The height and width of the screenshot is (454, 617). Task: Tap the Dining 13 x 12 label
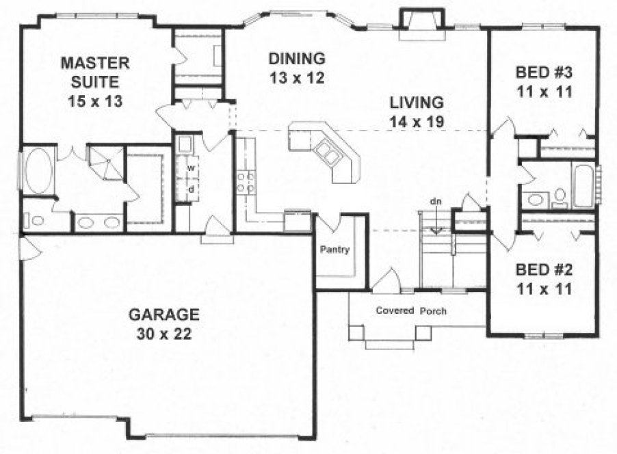click(x=296, y=68)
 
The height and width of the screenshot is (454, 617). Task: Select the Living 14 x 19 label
click(x=417, y=112)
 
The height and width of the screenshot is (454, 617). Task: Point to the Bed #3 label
click(x=544, y=80)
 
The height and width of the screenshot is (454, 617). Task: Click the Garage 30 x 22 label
click(x=163, y=324)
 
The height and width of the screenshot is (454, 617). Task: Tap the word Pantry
click(x=335, y=250)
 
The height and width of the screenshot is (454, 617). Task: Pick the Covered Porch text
click(x=411, y=310)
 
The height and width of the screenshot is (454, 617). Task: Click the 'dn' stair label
click(x=436, y=202)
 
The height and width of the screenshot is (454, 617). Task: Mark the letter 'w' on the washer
click(x=192, y=168)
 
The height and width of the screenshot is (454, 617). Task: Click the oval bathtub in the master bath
click(x=37, y=173)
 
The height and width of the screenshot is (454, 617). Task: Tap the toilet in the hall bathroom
click(x=560, y=197)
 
